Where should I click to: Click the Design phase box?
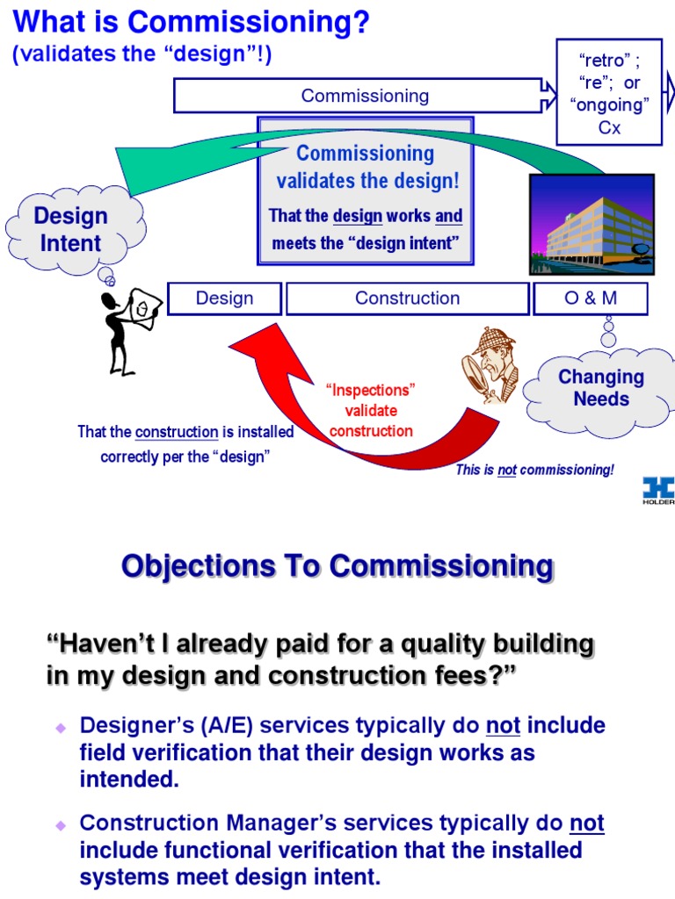pos(224,298)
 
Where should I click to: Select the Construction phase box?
pos(407,298)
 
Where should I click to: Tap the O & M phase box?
pos(590,298)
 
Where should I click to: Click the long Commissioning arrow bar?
pos(360,96)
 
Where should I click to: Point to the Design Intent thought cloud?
pos(70,229)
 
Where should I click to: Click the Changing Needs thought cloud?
pos(601,388)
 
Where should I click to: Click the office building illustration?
pos(592,225)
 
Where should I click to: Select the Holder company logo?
pos(657,490)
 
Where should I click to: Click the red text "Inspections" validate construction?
pos(370,410)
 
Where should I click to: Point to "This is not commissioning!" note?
pos(534,470)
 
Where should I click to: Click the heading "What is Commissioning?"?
pos(190,23)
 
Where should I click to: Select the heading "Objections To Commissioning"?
pos(337,566)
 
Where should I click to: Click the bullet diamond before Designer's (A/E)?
pos(61,728)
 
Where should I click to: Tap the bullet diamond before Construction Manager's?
pos(61,825)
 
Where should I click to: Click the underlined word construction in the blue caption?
pos(177,432)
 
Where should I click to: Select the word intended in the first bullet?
pos(128,780)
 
